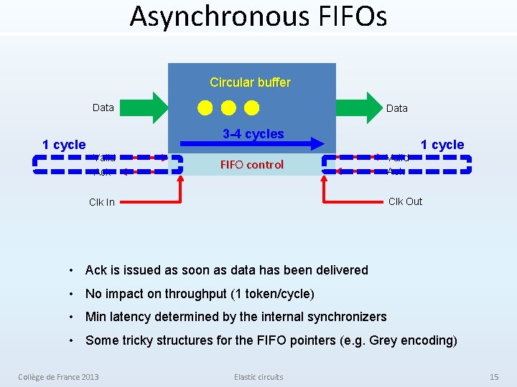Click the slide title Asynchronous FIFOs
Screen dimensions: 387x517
(258, 16)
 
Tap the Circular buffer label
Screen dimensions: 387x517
(250, 82)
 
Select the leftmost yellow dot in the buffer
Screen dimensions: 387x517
(205, 108)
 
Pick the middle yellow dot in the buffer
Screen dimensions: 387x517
(228, 108)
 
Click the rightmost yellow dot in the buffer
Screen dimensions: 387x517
(251, 108)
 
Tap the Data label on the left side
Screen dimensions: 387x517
(103, 107)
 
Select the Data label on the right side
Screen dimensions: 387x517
(396, 108)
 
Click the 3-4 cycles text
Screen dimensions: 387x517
(253, 134)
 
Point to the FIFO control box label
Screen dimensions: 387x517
(251, 165)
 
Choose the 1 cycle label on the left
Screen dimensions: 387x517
(64, 145)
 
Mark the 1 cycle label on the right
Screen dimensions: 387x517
(442, 145)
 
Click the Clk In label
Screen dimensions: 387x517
(101, 202)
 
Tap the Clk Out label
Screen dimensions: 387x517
(405, 201)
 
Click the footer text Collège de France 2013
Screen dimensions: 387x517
(59, 377)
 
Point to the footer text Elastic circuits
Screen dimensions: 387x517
(258, 377)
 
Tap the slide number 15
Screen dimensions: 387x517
(493, 377)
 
